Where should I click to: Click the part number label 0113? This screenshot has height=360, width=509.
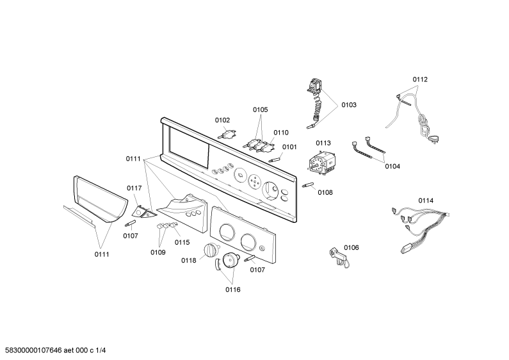pos(323,143)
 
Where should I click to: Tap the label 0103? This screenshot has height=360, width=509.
pos(349,105)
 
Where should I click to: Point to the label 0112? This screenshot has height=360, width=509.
pos(420,79)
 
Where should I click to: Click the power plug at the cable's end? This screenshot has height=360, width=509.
pos(433,140)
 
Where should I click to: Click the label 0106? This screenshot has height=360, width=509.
pos(351,248)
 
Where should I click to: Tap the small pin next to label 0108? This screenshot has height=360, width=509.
pos(308,185)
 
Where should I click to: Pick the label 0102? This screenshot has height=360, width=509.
pos(222,120)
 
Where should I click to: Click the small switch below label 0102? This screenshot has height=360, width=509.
pos(227,133)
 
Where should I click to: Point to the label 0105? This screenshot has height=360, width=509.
pos(261,110)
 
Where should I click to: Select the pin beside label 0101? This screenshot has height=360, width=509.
pos(274,160)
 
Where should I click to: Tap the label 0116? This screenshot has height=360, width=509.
pos(233,290)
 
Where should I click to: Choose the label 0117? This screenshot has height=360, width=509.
pos(134,188)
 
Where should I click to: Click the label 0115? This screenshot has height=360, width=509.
pos(182,242)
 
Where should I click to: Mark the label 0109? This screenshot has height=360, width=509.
pos(158,252)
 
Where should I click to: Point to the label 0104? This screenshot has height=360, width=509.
pos(392,167)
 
